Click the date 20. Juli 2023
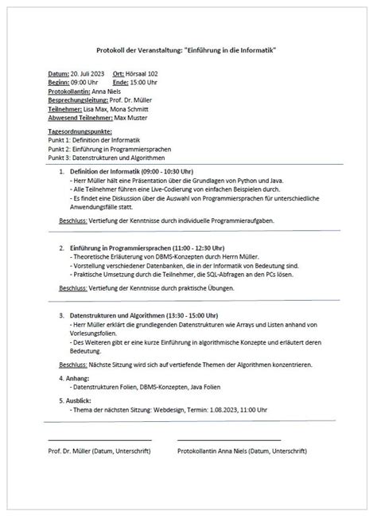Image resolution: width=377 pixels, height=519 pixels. [87, 72]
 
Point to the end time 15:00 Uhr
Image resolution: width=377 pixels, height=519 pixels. [145, 81]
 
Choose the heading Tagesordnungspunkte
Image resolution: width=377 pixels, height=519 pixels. [80, 131]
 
